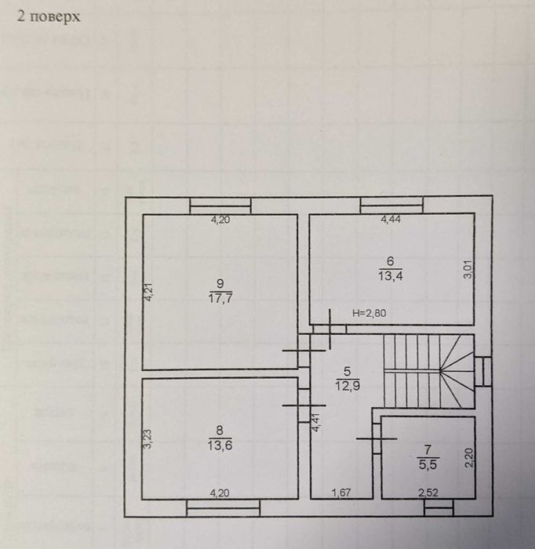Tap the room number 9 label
[x=220, y=283]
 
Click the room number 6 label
[x=390, y=261]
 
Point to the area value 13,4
[x=390, y=276]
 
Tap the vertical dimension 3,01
[x=467, y=270]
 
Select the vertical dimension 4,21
[x=147, y=292]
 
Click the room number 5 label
[x=341, y=372]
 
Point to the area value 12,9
[x=341, y=385]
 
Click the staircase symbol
[x=428, y=371]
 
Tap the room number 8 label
[x=220, y=429]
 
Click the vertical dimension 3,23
[x=147, y=438]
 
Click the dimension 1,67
[x=341, y=493]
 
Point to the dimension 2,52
[x=428, y=493]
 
